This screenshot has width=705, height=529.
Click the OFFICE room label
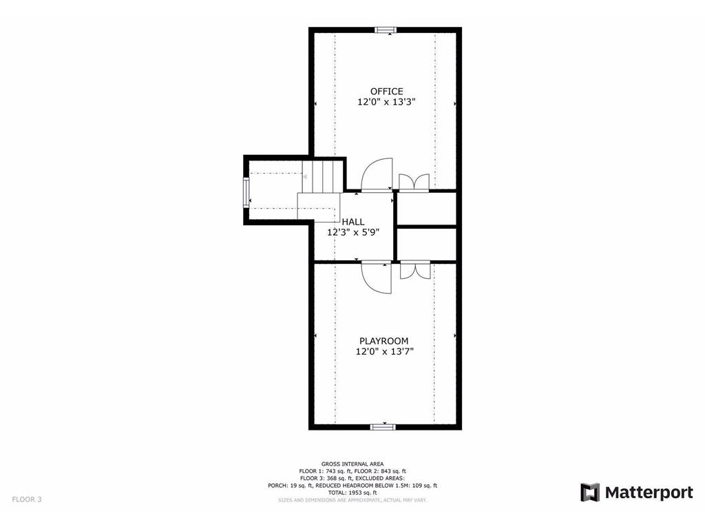click(x=386, y=92)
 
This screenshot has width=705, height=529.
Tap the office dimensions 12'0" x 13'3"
click(x=386, y=102)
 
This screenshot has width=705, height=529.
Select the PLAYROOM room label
click(x=384, y=341)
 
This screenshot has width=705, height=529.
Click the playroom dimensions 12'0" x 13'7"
click(x=384, y=351)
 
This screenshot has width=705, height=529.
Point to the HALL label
click(x=353, y=222)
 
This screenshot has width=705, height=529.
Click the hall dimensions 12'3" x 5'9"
click(x=353, y=232)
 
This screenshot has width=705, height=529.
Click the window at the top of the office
click(x=386, y=30)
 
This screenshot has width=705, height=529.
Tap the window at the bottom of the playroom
click(x=382, y=427)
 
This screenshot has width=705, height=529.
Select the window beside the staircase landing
click(x=246, y=192)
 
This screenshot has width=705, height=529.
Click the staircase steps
click(x=322, y=177)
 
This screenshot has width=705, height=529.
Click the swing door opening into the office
click(x=377, y=175)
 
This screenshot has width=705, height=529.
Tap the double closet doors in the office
click(x=414, y=182)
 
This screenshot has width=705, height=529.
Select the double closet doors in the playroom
click(x=415, y=269)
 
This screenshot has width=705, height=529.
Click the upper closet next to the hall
click(x=427, y=209)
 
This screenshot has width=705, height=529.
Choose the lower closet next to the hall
click(x=427, y=244)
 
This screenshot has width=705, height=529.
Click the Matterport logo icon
click(x=590, y=492)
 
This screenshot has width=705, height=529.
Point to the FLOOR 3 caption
click(x=27, y=499)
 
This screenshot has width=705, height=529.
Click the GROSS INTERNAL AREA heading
click(x=352, y=464)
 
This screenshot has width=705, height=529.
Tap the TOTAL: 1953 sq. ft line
click(x=352, y=492)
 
